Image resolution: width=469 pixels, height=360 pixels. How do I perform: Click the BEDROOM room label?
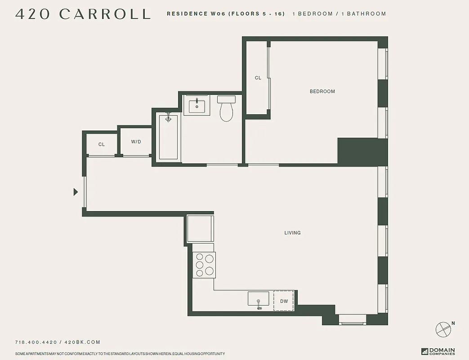322,91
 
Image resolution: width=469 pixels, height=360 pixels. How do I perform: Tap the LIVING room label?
292,233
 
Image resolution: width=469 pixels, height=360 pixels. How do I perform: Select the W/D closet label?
136,142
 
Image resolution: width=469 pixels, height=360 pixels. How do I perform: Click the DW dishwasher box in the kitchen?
284,301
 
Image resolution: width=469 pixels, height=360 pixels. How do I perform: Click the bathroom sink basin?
197,106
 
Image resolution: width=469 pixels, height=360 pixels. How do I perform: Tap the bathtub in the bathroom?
169,137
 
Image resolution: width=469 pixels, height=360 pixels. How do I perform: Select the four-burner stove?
204,265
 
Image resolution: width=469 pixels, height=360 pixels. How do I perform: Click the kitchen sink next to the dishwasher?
259,299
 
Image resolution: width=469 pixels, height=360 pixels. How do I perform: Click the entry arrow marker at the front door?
76,192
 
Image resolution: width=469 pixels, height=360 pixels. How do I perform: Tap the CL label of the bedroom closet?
258,78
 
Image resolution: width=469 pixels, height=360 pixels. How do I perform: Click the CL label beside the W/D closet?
102,144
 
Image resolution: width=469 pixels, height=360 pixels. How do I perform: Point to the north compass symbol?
443,329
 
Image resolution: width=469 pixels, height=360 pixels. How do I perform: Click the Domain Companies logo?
438,351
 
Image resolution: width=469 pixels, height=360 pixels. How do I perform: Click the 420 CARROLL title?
83,14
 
